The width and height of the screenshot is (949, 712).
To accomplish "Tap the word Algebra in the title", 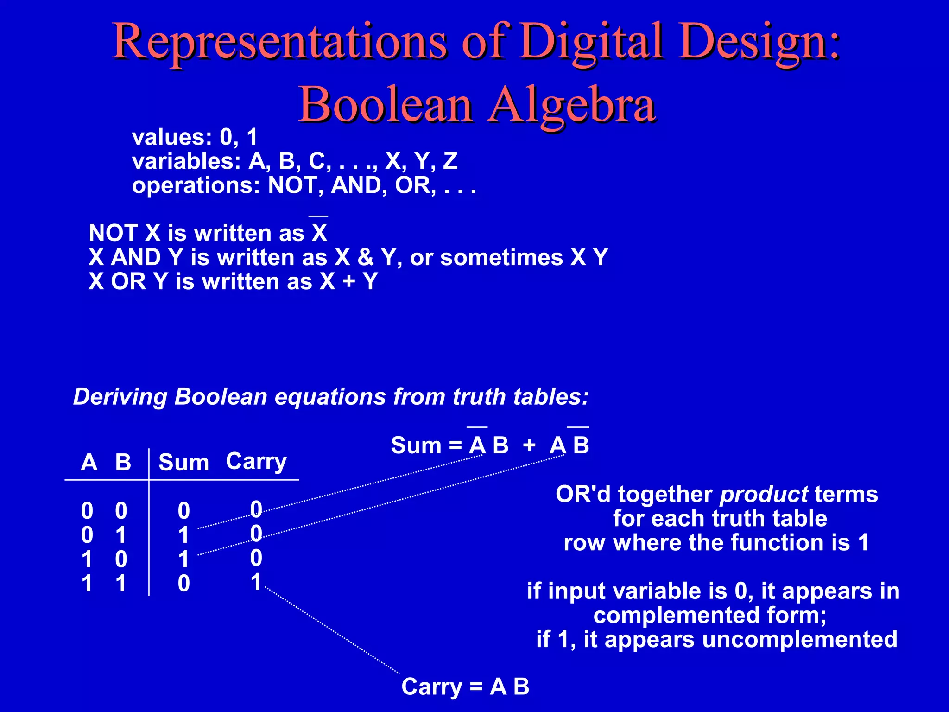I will tap(573, 106).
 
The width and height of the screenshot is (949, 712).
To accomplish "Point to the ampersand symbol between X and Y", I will tap(366, 257).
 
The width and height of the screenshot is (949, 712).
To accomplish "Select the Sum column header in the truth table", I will tap(183, 463).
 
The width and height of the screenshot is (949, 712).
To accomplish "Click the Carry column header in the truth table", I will tap(256, 461).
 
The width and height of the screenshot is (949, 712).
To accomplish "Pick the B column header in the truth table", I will tap(123, 462).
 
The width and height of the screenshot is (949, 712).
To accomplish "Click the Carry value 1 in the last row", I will tap(256, 582).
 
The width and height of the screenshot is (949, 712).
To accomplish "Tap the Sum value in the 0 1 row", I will tap(184, 535).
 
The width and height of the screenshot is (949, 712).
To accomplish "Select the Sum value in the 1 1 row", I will tap(184, 583).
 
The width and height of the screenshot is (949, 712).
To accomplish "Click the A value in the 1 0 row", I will tap(87, 559).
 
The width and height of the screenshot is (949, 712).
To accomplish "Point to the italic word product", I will tap(764, 495).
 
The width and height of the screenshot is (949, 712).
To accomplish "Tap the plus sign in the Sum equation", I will tap(529, 445).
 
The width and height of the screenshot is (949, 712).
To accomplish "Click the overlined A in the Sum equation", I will tap(477, 445).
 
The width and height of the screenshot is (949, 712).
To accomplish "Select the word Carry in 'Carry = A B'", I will tap(432, 687).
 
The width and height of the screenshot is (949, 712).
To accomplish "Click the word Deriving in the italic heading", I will tap(120, 397).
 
